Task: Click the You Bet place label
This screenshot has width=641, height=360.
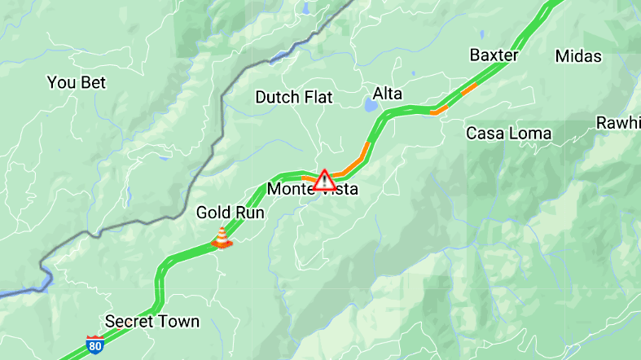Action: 77,82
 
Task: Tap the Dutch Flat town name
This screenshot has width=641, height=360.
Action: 294,97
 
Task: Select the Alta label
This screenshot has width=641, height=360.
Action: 388,94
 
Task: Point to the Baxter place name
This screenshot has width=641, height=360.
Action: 494,55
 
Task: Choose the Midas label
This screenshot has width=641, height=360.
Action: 578,56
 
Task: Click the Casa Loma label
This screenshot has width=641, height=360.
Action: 508,133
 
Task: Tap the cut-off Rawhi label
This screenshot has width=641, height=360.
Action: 618,123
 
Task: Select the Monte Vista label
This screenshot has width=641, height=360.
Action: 313,190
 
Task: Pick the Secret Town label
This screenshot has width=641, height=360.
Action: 152,321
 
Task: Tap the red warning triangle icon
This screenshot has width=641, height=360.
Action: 324,179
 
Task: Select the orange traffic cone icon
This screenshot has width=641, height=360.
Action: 221,238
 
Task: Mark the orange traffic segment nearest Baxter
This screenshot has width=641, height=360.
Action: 470,88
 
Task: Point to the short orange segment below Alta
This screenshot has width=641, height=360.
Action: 440,108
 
